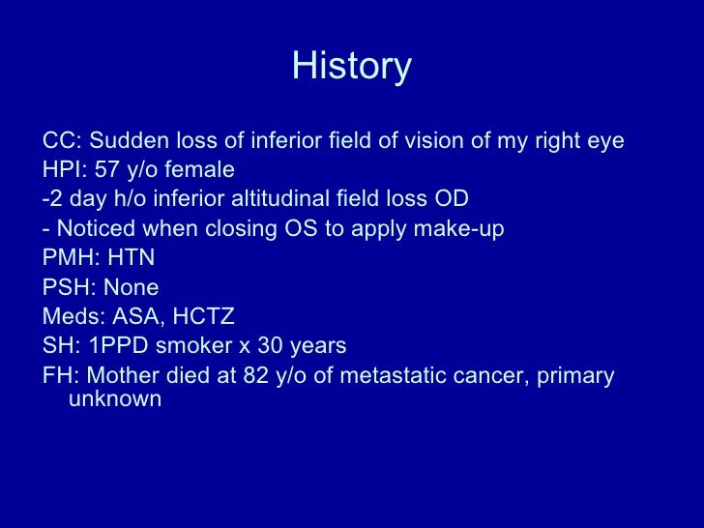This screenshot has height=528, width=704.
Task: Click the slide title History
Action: point(352,67)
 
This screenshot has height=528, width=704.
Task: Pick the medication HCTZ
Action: point(200,316)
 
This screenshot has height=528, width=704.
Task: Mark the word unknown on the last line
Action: point(115,398)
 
